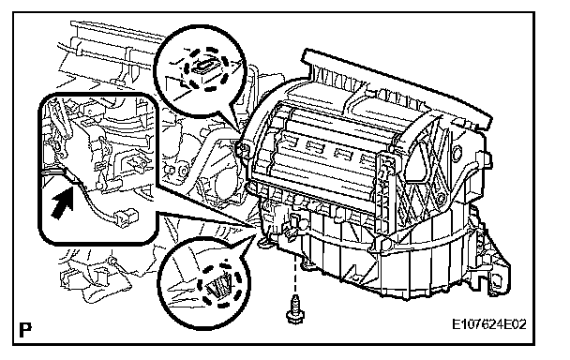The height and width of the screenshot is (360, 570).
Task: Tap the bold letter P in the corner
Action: pos(25,330)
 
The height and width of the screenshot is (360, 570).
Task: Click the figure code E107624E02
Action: pos(488,324)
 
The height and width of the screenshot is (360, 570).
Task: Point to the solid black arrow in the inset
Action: pos(63,203)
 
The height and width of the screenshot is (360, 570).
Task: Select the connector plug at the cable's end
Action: pos(126,218)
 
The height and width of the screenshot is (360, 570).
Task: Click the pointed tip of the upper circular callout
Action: pos(240,131)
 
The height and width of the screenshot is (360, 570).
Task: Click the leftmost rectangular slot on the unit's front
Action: pos(290,140)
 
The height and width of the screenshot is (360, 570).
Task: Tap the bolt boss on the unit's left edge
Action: pos(243,149)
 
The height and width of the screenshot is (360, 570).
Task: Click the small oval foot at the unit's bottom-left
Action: pos(264,242)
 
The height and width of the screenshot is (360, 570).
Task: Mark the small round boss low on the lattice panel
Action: pos(441,199)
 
